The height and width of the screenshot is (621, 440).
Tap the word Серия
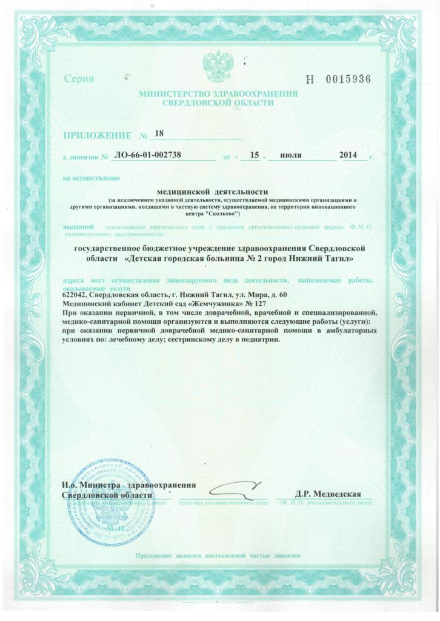click(79, 79)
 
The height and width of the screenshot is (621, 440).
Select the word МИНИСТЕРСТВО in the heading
click(173, 94)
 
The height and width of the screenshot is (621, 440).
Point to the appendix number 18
click(160, 133)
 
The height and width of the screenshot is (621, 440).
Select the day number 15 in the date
click(255, 156)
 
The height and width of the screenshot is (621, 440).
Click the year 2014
click(350, 156)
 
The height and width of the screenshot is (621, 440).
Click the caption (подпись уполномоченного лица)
click(223, 503)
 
